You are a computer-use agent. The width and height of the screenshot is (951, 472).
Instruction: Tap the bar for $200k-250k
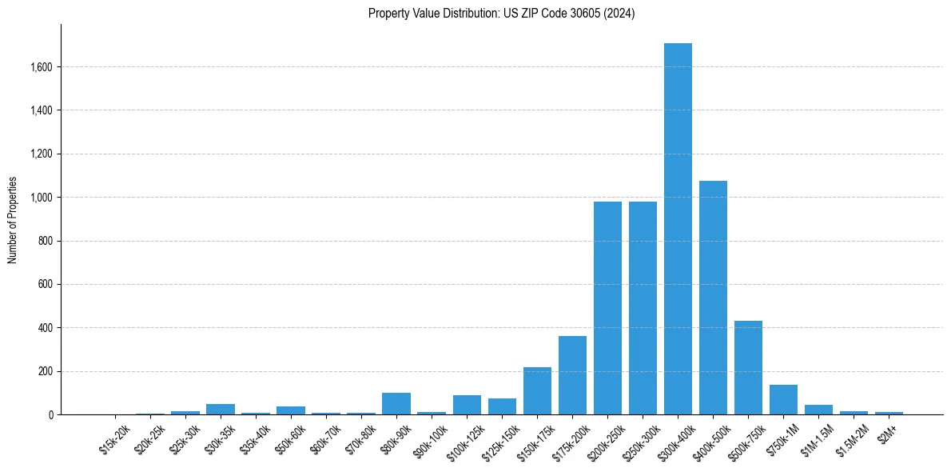pos(607,308)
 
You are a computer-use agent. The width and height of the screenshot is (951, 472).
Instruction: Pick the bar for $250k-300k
pos(643,308)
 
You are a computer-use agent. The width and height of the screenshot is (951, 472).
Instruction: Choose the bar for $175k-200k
pos(572,375)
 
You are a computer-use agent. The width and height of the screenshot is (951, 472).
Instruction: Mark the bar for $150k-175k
pos(537,391)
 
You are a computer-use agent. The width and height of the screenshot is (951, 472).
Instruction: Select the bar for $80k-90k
pos(396,404)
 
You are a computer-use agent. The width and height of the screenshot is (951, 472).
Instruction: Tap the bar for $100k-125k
pos(467,405)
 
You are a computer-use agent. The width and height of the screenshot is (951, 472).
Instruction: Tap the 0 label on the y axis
pos(51,415)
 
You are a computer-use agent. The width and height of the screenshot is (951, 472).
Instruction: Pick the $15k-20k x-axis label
pos(113,440)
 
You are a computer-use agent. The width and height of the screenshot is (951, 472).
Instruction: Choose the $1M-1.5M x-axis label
pos(817,440)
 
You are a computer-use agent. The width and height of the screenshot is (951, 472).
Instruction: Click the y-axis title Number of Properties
pos(12,219)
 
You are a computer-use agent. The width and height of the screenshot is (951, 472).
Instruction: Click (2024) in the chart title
pos(619,14)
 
